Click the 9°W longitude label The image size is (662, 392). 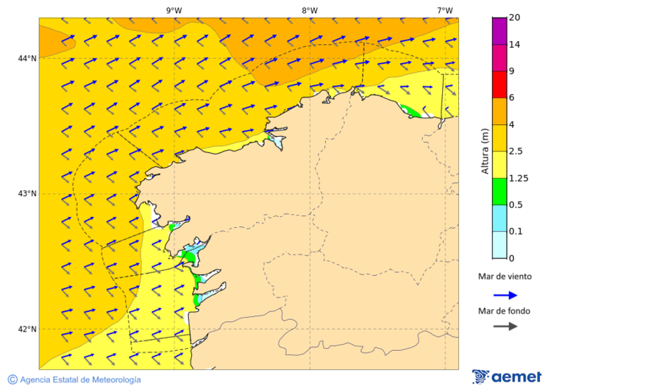coord(174,10)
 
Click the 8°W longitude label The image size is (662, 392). coord(310,10)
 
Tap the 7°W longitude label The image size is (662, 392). coord(445,10)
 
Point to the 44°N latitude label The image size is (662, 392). coord(26,58)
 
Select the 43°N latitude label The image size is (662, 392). coord(26,193)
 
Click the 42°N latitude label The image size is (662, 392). coord(26,329)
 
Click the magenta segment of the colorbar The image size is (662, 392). coord(499,31)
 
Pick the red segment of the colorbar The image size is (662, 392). coord(499,85)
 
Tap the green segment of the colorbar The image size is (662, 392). coord(499,191)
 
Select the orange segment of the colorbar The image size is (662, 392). coord(499,111)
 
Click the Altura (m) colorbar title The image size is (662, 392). coord(484,151)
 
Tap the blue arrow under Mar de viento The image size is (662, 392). coord(505,295)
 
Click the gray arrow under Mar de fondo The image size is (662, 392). coord(505,327)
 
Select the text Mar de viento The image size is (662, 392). coord(504,277)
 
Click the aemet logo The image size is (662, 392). coord(507,377)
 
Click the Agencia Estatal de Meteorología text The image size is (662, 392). coord(80,380)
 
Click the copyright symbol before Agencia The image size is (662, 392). coord(13,379)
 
